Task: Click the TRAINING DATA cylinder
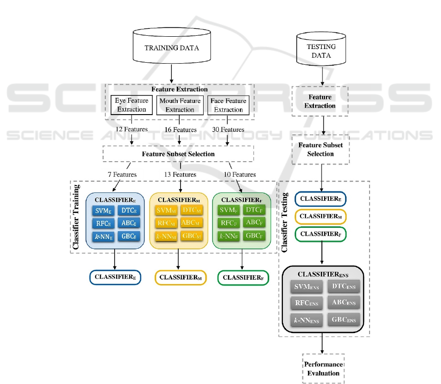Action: tap(171, 48)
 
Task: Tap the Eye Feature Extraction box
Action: tap(132, 105)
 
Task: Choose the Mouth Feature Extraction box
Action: tap(180, 105)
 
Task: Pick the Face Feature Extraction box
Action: tap(228, 105)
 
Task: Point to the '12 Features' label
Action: tap(132, 130)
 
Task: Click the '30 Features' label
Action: tap(228, 130)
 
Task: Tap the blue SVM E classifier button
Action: tap(103, 211)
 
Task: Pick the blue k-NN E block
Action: tap(103, 236)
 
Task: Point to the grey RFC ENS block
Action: tap(307, 303)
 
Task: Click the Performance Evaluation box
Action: tap(323, 369)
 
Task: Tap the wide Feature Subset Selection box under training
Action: tap(178, 154)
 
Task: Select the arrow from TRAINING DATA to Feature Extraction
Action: tap(171, 74)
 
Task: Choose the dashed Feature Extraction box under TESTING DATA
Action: tap(320, 101)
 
